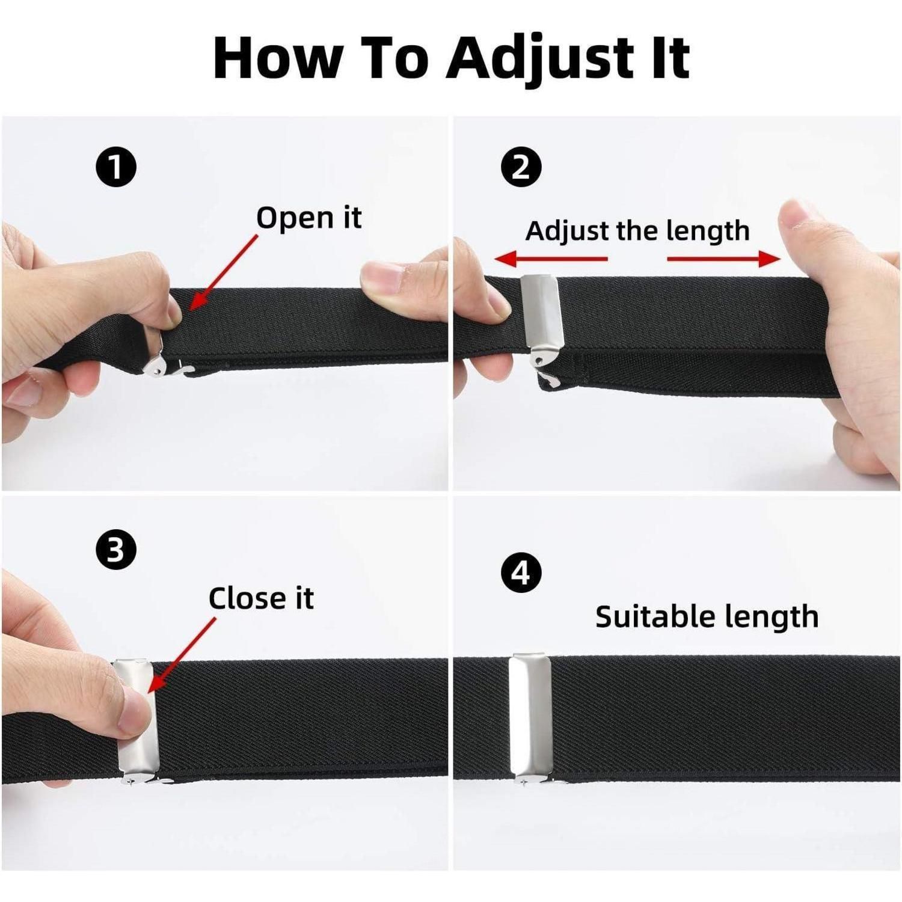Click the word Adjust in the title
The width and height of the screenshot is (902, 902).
click(x=536, y=58)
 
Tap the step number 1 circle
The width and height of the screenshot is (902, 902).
click(x=116, y=167)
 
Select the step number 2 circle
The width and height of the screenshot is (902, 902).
click(x=521, y=167)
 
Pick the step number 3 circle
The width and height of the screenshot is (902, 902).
click(x=116, y=551)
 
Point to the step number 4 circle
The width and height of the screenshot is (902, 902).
click(x=521, y=572)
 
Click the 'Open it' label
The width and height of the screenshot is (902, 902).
click(x=309, y=218)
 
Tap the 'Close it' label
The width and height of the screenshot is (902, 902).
click(x=261, y=598)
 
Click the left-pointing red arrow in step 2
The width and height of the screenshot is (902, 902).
click(x=551, y=259)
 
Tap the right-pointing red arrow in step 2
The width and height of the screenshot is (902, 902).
click(x=724, y=259)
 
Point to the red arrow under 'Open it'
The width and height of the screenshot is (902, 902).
click(x=222, y=273)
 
